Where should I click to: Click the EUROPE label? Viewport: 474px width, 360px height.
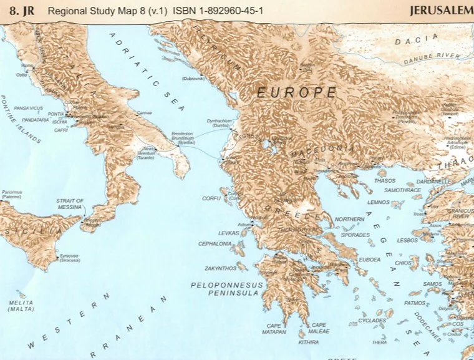pos(297,92)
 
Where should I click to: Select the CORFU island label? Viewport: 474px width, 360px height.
pos(211,198)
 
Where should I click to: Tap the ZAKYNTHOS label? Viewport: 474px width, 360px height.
pos(220,268)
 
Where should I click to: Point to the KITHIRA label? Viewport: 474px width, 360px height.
pos(308,343)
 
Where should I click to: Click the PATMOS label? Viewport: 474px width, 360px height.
pos(414,303)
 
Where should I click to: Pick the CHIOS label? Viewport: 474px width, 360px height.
pos(404,263)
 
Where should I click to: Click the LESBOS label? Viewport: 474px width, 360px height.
pos(407,240)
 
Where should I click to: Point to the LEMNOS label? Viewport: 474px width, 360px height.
pos(379,203)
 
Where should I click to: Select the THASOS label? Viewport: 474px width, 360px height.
pos(385,181)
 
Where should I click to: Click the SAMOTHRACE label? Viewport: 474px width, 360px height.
pos(401,190)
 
